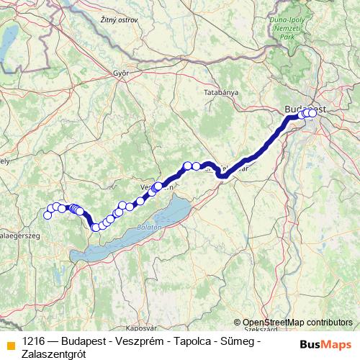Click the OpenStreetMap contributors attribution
pos(297,323)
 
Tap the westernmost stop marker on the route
pos(48,215)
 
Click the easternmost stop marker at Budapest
pos(312,113)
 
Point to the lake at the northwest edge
pos(5,45)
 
